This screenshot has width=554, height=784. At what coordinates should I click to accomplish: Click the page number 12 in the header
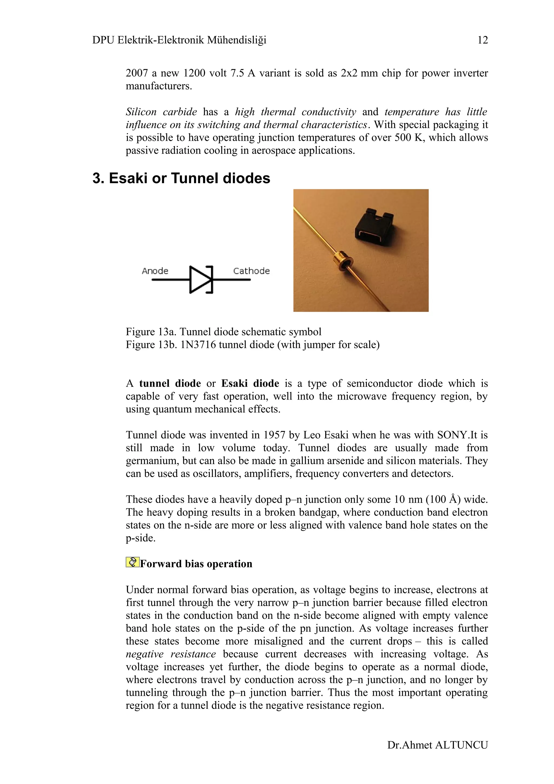click(482, 40)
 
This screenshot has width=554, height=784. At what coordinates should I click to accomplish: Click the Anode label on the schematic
click(155, 271)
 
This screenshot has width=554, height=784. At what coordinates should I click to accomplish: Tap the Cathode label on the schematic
click(251, 271)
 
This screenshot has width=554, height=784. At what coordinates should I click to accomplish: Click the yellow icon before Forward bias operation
click(132, 562)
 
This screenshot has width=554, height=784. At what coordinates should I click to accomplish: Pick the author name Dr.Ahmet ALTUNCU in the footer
click(437, 745)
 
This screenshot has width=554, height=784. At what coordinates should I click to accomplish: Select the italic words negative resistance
click(171, 654)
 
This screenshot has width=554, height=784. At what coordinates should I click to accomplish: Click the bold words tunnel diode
click(170, 383)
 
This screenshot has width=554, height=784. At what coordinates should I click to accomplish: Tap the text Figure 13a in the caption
click(151, 332)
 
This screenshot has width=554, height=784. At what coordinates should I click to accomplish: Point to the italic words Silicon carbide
click(161, 112)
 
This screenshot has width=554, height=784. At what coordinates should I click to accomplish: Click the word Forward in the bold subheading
click(161, 564)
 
